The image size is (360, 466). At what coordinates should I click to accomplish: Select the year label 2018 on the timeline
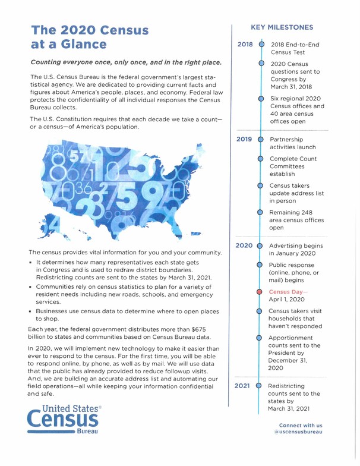[246, 45]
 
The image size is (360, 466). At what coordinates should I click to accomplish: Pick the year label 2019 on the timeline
[246, 141]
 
